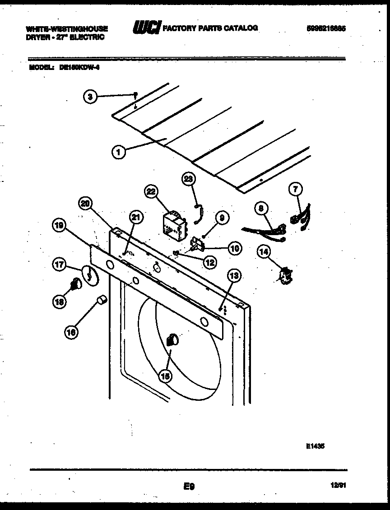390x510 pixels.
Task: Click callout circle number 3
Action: click(x=91, y=96)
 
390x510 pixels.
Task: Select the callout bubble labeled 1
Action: click(x=118, y=153)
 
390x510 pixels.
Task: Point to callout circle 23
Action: click(x=188, y=179)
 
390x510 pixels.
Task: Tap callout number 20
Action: click(x=85, y=204)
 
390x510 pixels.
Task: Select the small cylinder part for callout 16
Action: click(x=102, y=300)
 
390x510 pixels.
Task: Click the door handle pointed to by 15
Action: click(x=172, y=340)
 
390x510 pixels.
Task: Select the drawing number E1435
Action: click(x=315, y=445)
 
